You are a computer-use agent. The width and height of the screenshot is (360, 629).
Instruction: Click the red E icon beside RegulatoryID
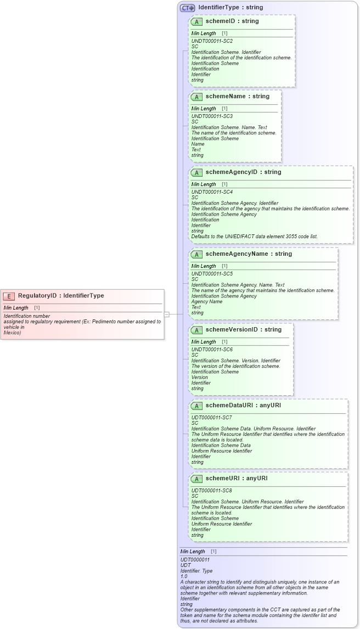9,296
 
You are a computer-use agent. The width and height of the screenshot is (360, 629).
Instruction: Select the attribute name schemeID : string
232,21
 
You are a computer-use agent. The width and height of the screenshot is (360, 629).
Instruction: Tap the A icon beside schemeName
196,97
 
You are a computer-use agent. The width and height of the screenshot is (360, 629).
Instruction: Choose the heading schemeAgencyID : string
243,172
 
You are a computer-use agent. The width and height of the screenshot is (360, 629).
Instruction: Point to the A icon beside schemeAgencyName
196,254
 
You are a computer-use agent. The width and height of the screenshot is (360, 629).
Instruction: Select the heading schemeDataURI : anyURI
243,405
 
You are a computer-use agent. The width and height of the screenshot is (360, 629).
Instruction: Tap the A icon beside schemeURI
196,479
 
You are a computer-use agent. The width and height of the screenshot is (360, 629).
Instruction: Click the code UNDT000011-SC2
212,41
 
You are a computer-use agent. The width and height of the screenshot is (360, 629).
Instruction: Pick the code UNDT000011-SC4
212,192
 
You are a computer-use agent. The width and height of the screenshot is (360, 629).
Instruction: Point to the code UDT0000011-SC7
212,417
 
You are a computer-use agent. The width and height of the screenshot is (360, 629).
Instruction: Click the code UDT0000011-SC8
212,490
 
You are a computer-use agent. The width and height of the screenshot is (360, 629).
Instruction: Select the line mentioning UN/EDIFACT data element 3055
254,237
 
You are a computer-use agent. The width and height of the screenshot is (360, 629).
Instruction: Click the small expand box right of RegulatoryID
167,314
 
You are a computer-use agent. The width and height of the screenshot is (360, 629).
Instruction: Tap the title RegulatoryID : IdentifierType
61,296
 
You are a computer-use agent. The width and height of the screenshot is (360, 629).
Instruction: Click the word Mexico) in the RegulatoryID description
12,333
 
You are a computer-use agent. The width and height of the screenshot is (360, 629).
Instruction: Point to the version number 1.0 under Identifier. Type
184,576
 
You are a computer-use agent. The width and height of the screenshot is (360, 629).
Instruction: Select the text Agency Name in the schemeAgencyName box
207,301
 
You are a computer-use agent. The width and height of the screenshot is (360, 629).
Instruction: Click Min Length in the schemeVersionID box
204,342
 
